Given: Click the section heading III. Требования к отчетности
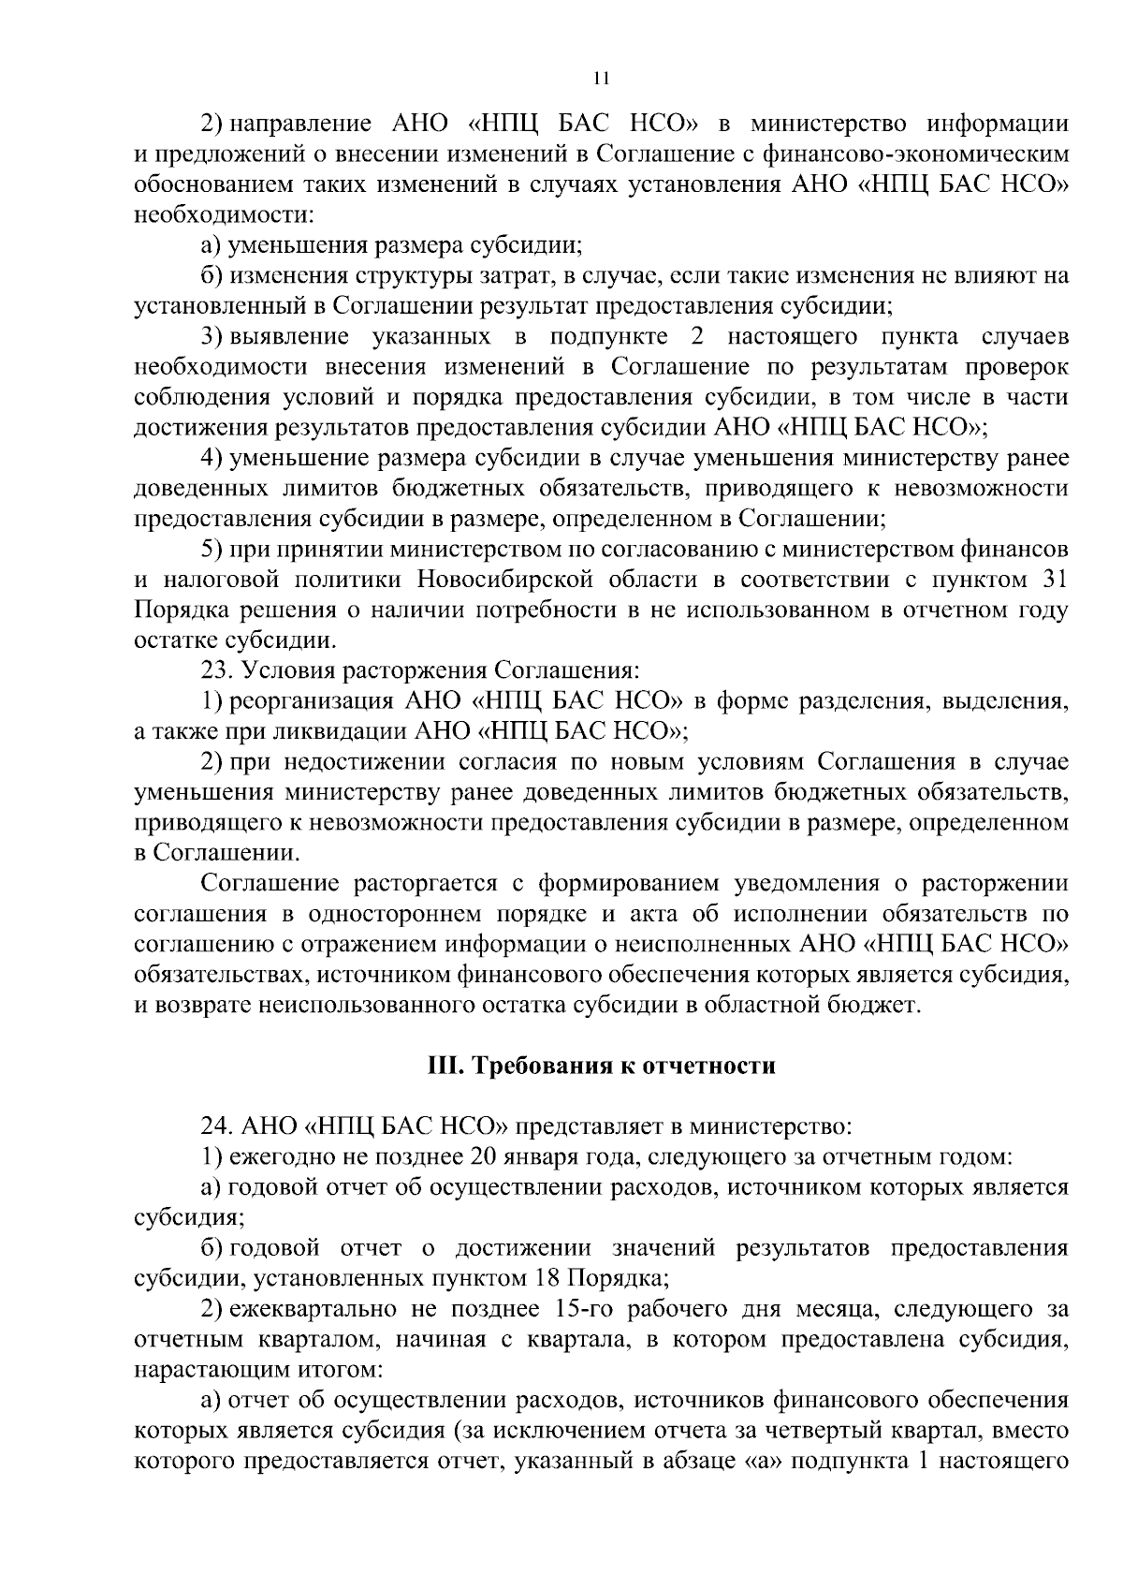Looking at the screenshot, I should pos(601,1066).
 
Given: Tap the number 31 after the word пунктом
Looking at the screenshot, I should pos(1054,580).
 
